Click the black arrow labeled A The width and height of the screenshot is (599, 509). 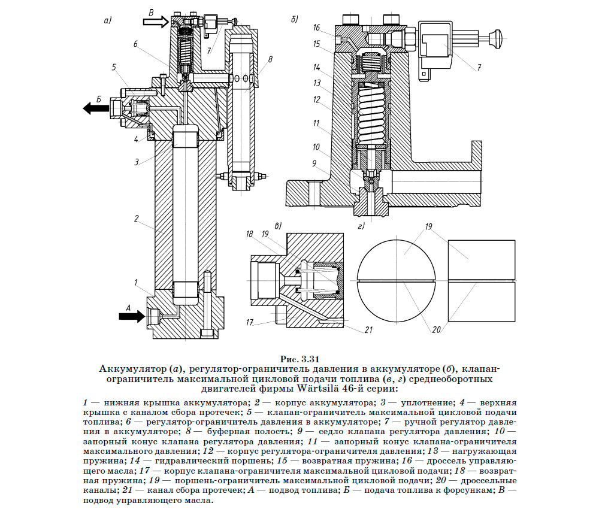[x=131, y=316]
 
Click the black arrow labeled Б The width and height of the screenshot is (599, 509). [x=95, y=108]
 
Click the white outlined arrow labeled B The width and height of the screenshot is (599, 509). [x=155, y=22]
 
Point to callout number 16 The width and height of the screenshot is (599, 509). [x=316, y=28]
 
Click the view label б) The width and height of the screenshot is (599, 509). [x=294, y=20]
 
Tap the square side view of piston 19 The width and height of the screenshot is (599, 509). [x=481, y=281]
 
